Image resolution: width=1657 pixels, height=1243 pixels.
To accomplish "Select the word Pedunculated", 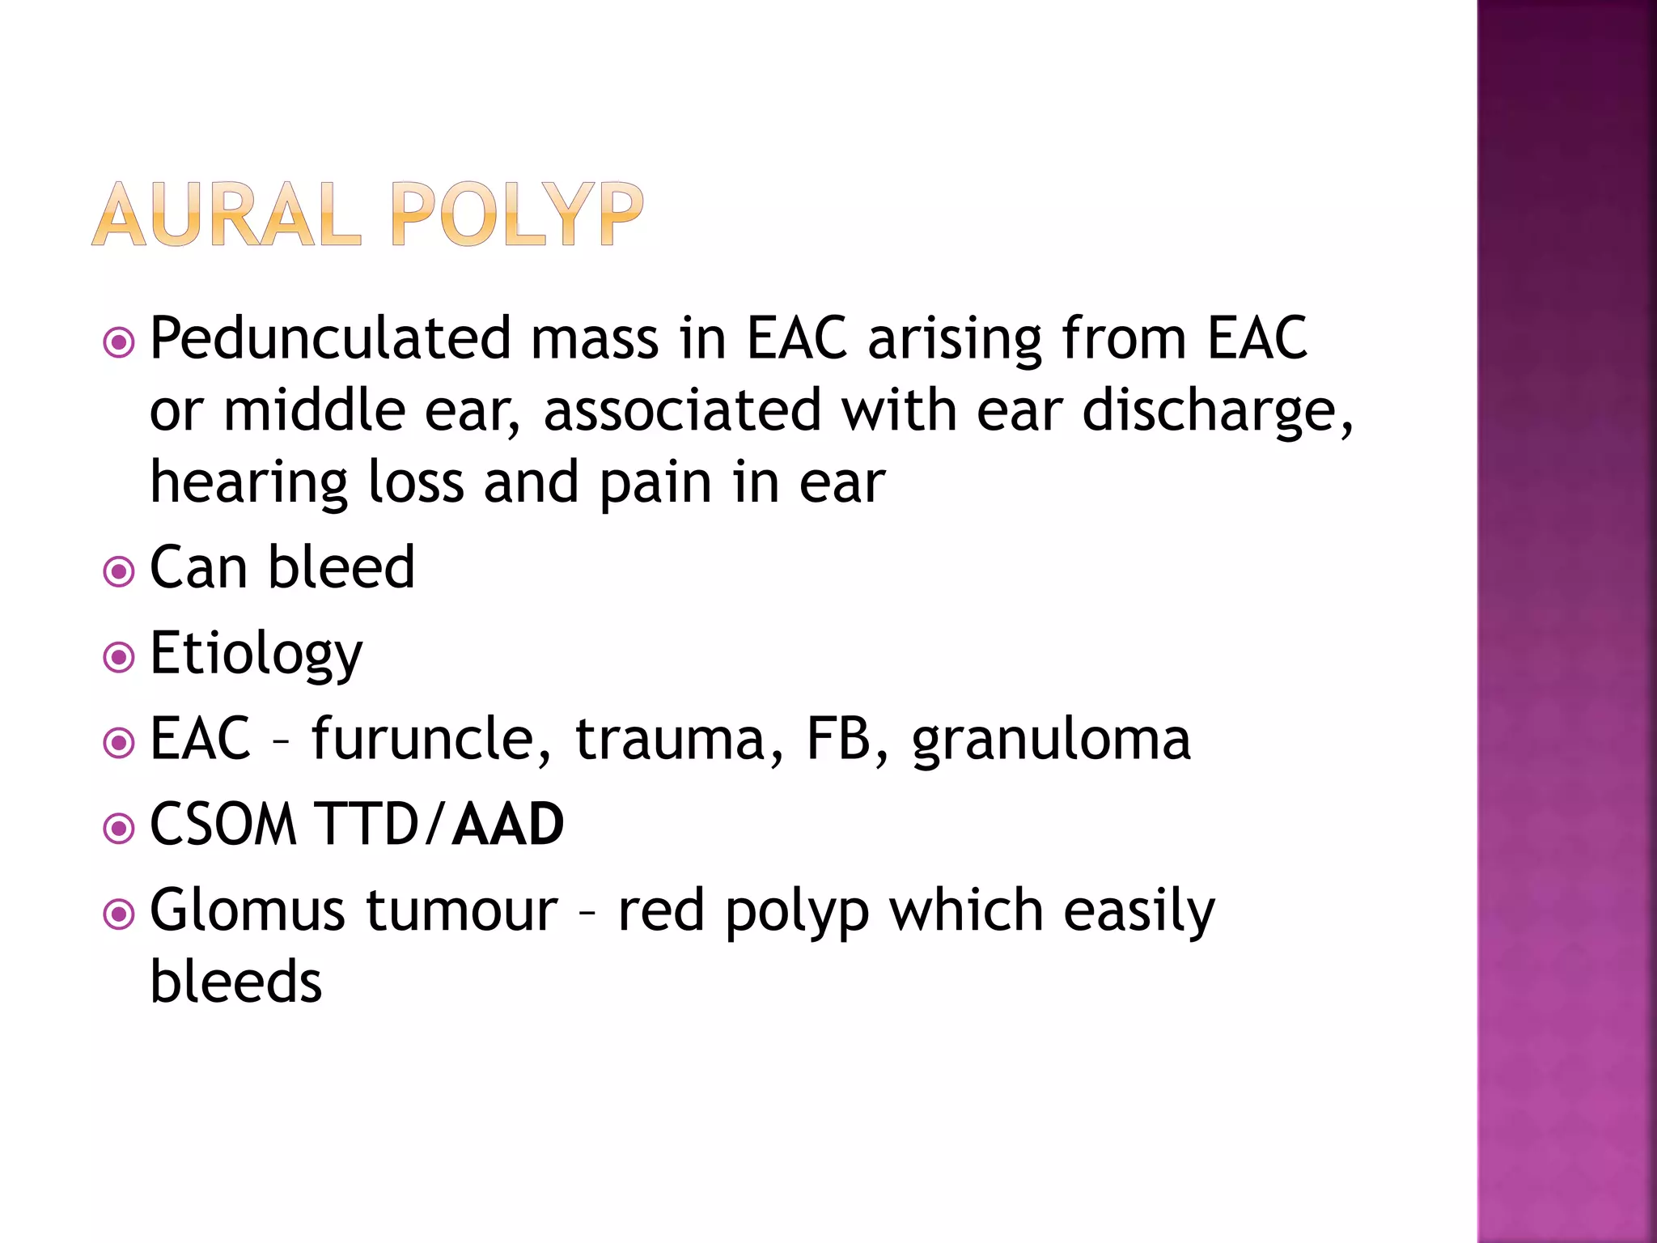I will tap(330, 338).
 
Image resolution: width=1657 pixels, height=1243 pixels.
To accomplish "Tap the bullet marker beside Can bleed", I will tap(119, 573).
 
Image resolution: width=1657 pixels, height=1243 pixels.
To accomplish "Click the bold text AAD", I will tap(507, 824).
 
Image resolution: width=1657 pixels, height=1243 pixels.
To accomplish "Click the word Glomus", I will tap(248, 910).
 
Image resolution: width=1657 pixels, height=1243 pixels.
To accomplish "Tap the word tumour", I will tap(462, 910).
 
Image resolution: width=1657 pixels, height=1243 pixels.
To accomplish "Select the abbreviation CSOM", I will tap(224, 824).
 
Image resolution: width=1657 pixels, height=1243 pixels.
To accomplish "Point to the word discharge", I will tap(1217, 411).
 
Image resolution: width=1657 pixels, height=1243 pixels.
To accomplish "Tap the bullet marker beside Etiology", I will tap(119, 658).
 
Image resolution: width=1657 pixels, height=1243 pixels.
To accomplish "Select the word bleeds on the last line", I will tap(236, 982).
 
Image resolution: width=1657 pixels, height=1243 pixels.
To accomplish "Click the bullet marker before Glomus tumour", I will tap(119, 915).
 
